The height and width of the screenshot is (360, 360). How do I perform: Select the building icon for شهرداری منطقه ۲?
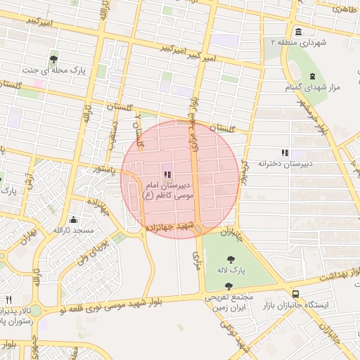[300, 32]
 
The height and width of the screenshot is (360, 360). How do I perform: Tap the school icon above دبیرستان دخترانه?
[285, 152]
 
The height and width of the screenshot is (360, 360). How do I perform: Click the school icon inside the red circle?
[167, 174]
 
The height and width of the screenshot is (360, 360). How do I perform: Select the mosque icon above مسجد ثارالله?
[74, 219]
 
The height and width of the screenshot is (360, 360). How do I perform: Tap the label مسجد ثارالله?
[73, 231]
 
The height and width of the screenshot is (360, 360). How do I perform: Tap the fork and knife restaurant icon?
[8, 299]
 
